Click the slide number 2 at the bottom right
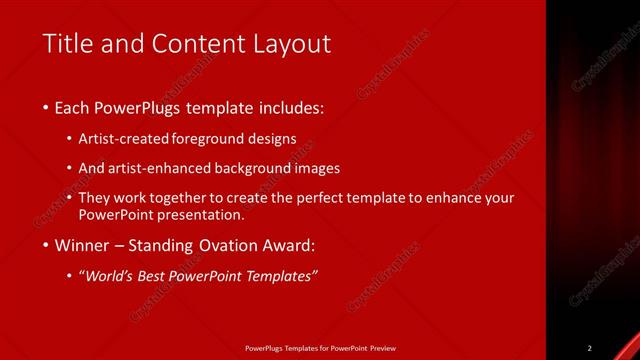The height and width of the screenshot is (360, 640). pos(590,348)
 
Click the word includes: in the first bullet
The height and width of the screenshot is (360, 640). pos(290,107)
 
